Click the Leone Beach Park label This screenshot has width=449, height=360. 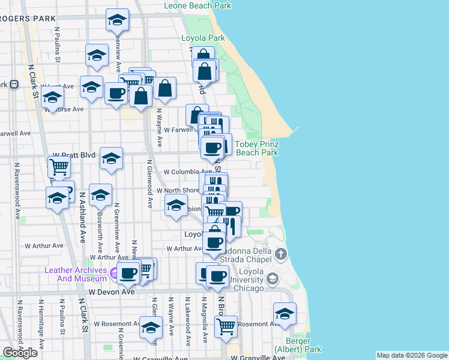tap(197, 5)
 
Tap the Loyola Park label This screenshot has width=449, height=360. tap(203, 38)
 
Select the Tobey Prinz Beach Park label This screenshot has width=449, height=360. tap(256, 148)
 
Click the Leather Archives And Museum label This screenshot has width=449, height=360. tap(75, 274)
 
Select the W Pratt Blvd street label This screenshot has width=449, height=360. tap(74, 155)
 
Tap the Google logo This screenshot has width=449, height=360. tap(20, 353)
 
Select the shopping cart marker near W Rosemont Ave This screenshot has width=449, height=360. tap(226, 326)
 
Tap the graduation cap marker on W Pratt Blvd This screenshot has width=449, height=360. tap(111, 158)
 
